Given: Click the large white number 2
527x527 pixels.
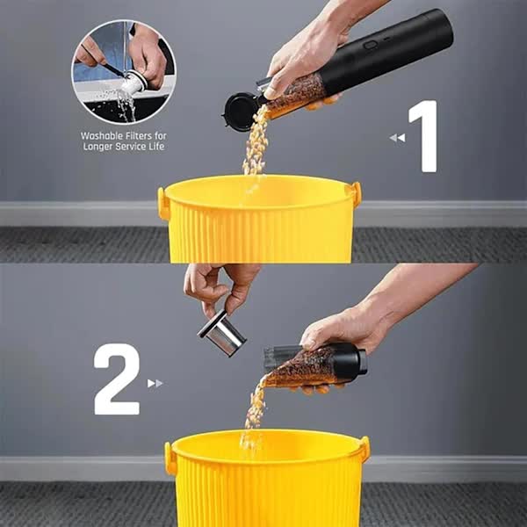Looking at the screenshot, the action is pyautogui.click(x=117, y=379).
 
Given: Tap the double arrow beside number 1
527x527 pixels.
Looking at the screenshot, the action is pyautogui.click(x=397, y=138).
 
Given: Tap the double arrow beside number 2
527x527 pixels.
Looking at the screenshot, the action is pyautogui.click(x=155, y=383).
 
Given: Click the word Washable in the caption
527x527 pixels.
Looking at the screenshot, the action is pyautogui.click(x=102, y=136).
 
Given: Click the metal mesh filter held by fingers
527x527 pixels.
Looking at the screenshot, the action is pyautogui.click(x=222, y=333).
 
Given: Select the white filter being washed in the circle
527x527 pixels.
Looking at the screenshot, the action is pyautogui.click(x=134, y=84).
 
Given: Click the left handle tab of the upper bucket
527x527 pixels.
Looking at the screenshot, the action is pyautogui.click(x=163, y=204).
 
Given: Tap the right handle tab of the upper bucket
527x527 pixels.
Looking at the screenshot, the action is pyautogui.click(x=357, y=194).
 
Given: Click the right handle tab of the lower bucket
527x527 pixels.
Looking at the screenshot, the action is pyautogui.click(x=365, y=449).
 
